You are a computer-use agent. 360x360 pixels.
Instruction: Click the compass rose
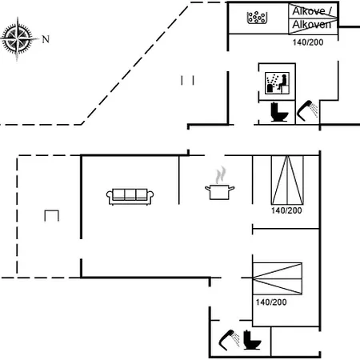point(18,38)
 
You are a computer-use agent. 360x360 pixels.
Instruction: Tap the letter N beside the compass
point(46,39)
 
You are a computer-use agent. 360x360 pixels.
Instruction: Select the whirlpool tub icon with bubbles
point(257,18)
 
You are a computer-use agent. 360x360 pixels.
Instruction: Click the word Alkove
point(309,11)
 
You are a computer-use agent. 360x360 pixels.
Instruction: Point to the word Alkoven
point(312,25)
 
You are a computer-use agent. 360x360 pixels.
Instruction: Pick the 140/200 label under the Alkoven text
point(308,42)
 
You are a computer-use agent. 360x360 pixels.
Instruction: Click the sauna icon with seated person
point(277,82)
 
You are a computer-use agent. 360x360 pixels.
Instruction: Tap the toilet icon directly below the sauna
point(279,112)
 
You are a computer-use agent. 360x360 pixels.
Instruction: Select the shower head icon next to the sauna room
point(307,110)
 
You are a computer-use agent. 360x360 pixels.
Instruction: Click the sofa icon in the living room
point(130,197)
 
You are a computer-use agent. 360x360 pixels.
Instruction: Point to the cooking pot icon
point(220,192)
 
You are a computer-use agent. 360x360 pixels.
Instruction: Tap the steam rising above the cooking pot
point(221,174)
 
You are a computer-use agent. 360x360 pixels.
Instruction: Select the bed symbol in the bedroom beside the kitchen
point(287,180)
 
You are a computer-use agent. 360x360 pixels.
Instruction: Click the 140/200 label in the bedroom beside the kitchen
point(286,210)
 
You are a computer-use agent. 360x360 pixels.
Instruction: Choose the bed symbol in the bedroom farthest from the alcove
point(278,278)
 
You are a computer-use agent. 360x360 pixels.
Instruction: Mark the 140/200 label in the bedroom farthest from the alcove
point(271,302)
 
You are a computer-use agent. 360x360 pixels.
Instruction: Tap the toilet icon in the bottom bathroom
point(252,339)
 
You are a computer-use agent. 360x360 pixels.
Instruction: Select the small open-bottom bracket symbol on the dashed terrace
point(51,215)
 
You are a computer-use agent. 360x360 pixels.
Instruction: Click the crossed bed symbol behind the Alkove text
point(313,18)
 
